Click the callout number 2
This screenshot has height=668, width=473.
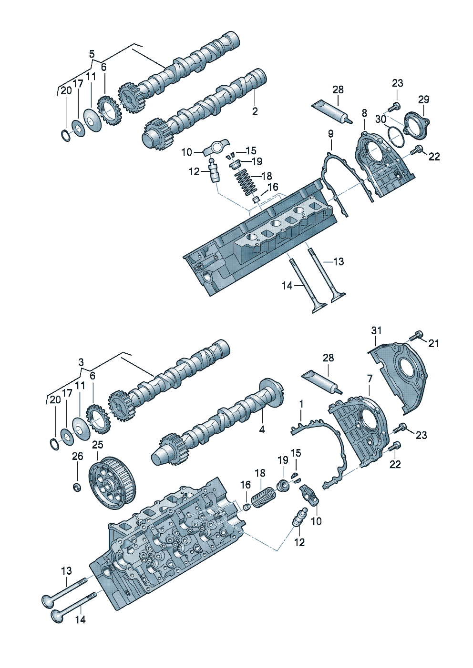[255, 111]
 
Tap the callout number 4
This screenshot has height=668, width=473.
[262, 430]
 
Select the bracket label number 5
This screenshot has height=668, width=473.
[92, 54]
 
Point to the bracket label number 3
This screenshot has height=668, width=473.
[81, 362]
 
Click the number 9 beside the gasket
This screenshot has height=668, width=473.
[331, 134]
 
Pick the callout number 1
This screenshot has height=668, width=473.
[301, 404]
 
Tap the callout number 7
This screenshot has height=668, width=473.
[370, 379]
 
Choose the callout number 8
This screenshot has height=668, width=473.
[364, 113]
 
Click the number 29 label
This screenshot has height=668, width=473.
[423, 100]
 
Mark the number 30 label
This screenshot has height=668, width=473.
[380, 120]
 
